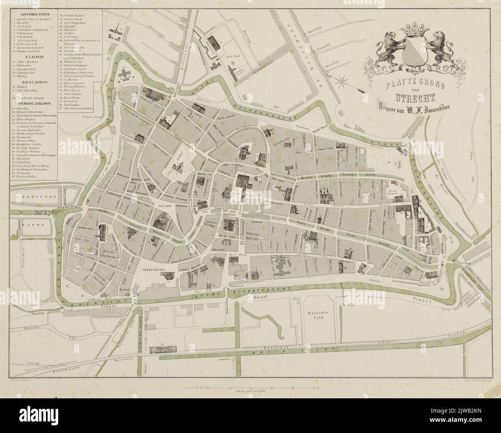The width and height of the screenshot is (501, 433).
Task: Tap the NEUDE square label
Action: pos(165,206)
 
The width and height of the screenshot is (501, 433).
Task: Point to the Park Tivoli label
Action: pos(232,56)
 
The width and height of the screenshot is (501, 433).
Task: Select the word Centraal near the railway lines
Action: pos(24,363)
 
